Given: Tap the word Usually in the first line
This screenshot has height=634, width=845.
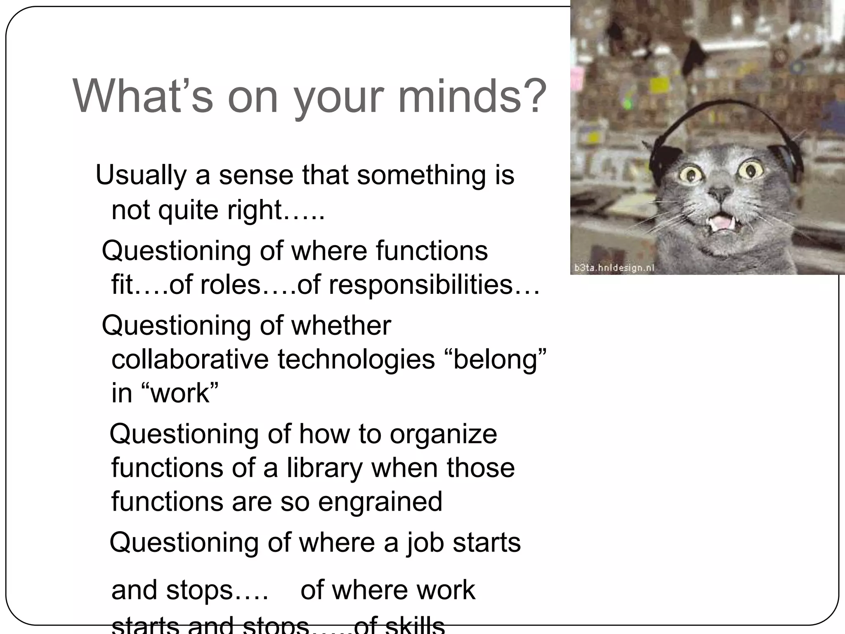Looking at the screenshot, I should tap(141, 175).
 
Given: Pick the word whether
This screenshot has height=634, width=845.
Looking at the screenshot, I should tap(341, 325).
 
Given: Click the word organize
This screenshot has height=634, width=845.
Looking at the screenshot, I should tap(444, 435).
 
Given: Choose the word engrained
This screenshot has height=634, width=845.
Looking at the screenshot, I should tap(380, 502).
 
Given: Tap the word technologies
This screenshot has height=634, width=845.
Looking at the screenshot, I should tap(356, 359).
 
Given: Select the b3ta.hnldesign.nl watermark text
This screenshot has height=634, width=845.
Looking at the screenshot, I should tap(614, 268).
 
